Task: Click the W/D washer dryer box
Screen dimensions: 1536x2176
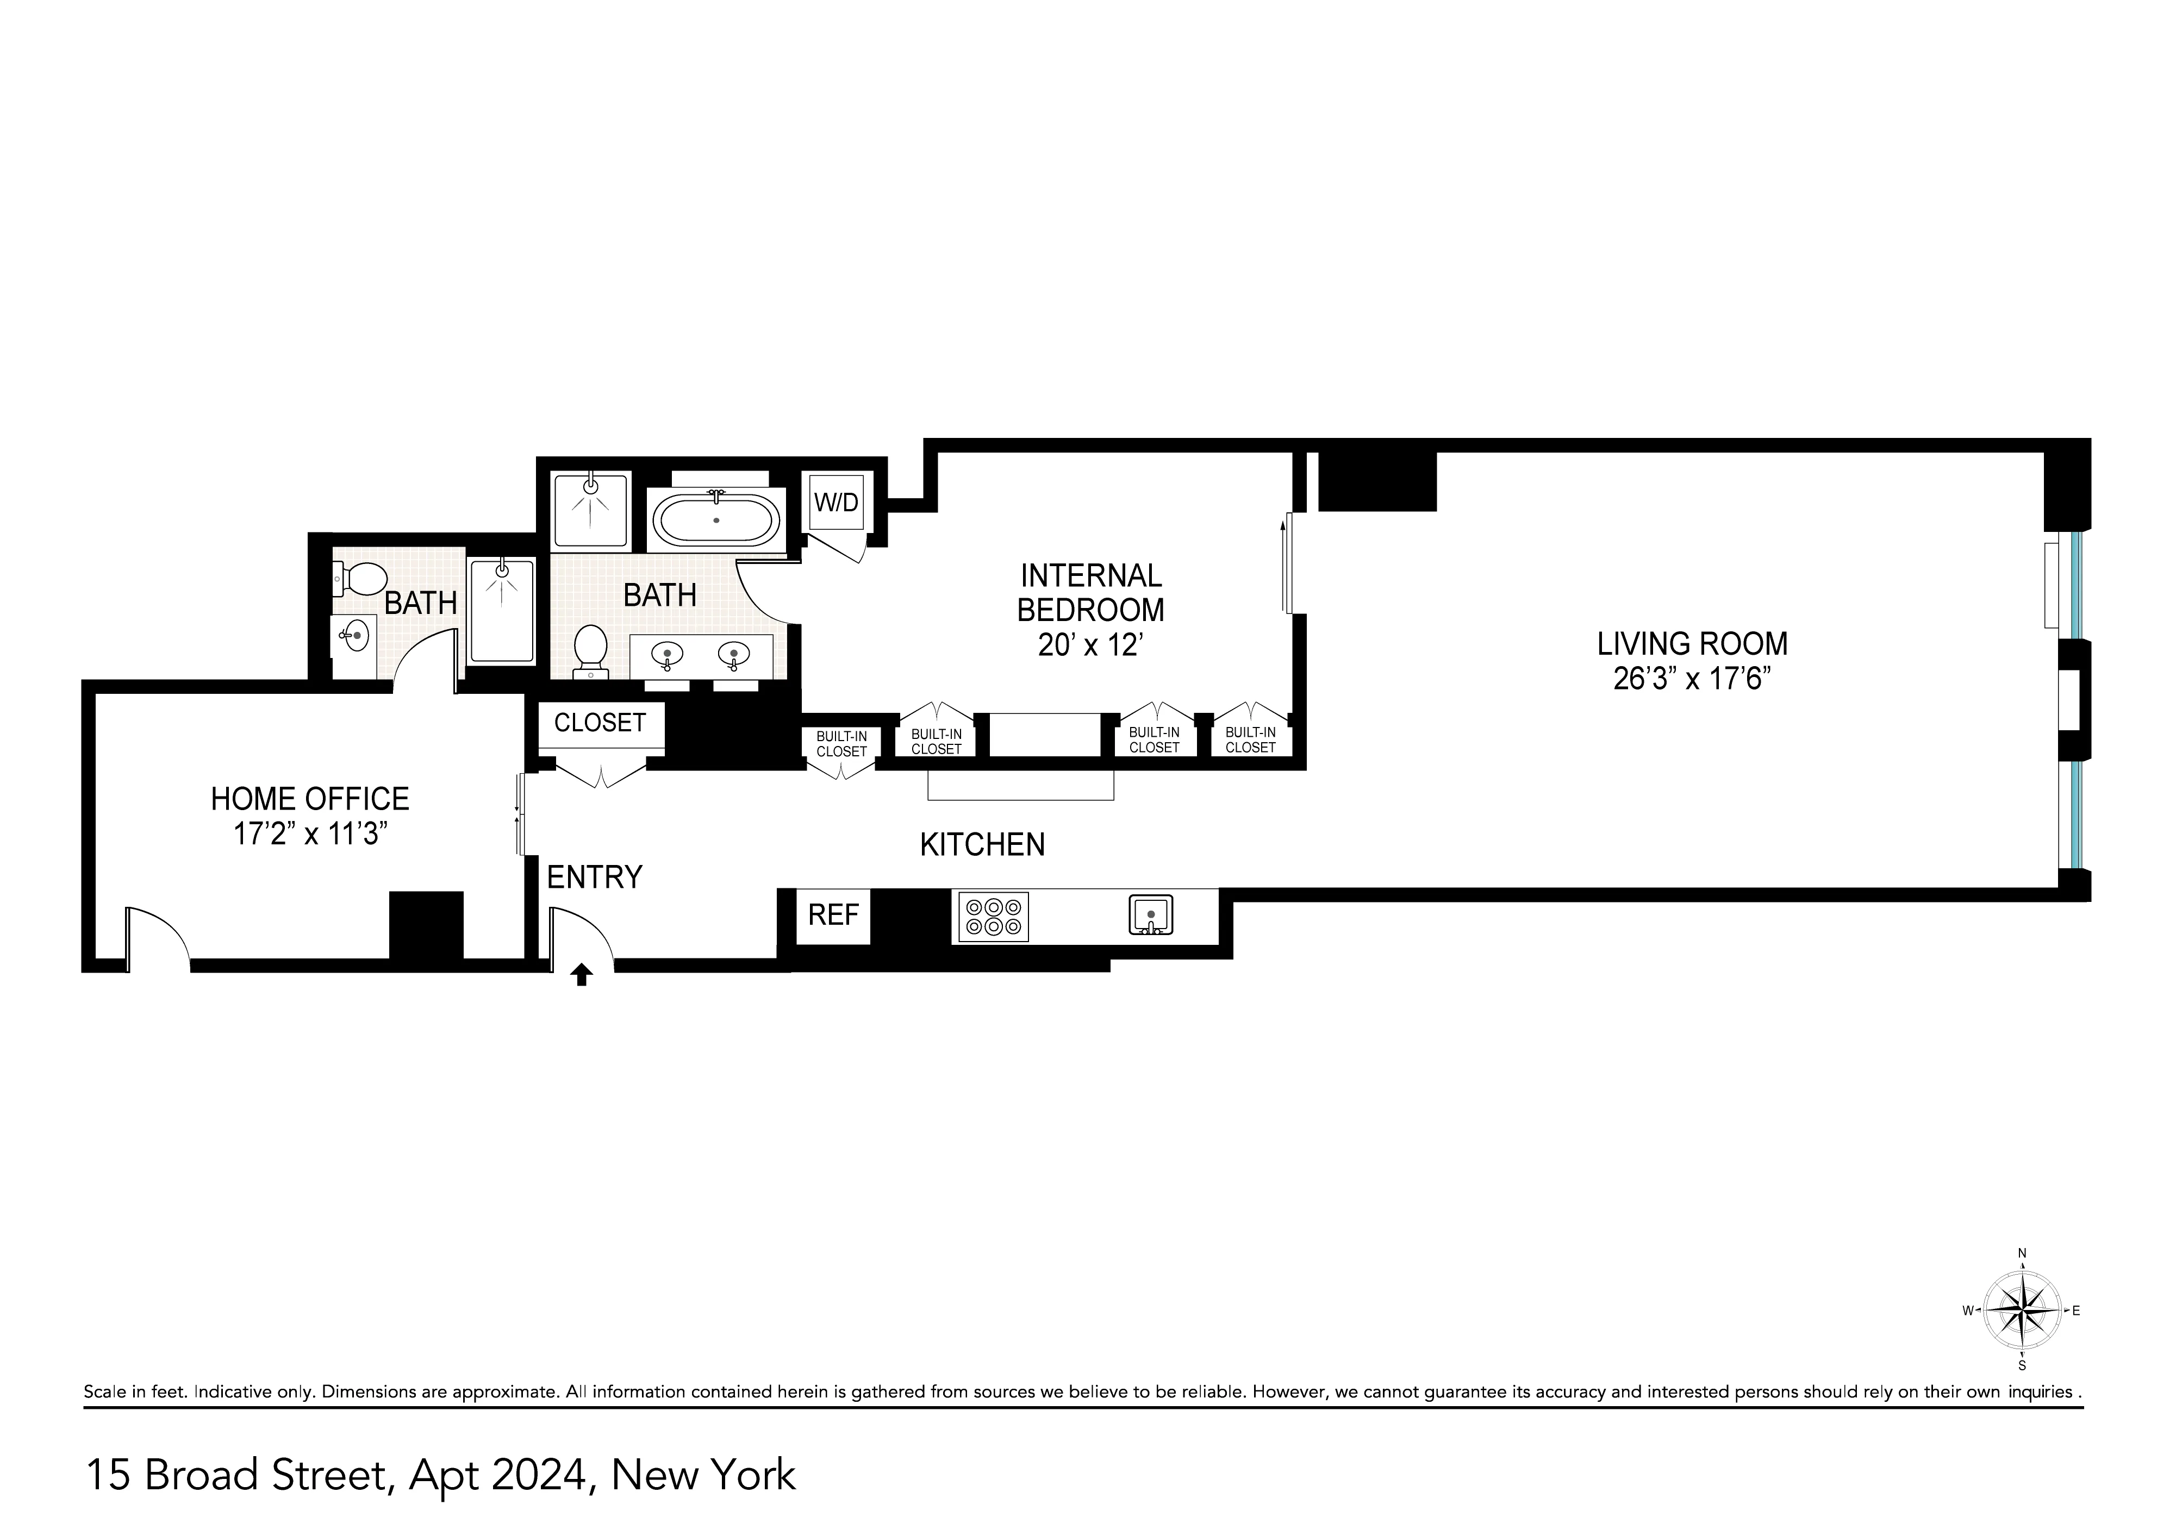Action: [x=837, y=502]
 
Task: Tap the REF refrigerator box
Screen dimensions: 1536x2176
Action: [x=833, y=916]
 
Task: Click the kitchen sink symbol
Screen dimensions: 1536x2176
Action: [x=1151, y=916]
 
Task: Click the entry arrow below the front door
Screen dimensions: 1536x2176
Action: [x=582, y=975]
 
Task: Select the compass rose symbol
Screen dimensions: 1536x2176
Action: [x=2023, y=1312]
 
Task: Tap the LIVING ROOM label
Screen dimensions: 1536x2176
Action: [x=1692, y=644]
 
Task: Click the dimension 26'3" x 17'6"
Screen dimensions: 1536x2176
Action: [x=1692, y=679]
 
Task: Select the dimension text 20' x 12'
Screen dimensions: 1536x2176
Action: [x=1091, y=645]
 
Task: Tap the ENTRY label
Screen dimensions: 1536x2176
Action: [x=594, y=877]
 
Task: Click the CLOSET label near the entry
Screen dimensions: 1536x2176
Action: [x=600, y=723]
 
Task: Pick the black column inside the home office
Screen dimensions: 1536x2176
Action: [x=427, y=926]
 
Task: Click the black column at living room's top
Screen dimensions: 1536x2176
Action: [x=1377, y=481]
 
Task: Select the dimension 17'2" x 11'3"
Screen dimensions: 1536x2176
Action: [x=311, y=835]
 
